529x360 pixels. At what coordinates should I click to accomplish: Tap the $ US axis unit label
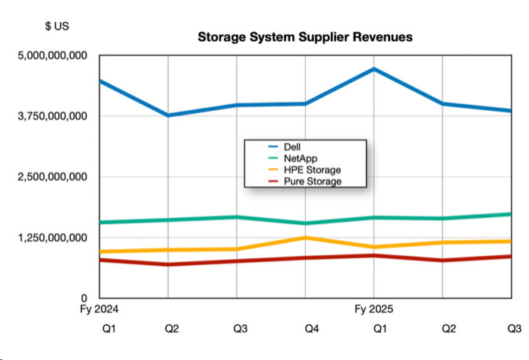58,26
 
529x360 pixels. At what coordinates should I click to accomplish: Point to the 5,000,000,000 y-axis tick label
52,55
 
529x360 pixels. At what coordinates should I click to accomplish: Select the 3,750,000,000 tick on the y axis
52,116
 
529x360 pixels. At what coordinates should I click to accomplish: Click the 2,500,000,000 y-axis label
52,177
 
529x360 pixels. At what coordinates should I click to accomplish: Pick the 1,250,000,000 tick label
52,238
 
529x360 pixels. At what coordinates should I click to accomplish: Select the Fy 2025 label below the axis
374,310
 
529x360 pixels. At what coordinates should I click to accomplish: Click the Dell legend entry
293,146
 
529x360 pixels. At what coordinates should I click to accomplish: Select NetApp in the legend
299,157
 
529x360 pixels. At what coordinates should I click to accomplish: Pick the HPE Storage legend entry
311,169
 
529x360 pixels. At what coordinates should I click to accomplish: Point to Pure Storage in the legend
312,182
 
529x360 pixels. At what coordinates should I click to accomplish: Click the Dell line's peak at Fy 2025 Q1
373,69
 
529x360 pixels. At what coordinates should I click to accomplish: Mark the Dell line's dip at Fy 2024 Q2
168,115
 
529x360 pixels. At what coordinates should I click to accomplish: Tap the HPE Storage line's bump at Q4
305,238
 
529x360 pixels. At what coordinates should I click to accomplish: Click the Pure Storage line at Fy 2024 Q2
168,264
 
